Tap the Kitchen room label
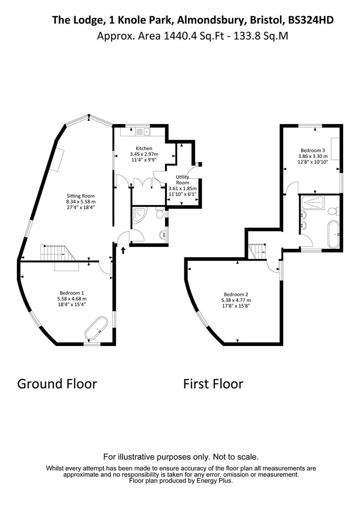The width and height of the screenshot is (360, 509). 144,148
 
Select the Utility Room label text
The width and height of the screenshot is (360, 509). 182,180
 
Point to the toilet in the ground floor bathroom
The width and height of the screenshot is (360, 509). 160,214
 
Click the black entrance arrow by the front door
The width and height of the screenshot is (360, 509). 123,250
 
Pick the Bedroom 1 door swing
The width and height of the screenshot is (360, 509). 106,268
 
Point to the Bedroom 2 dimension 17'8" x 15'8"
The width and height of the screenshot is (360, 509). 236,305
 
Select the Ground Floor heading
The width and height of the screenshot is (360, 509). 57,384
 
